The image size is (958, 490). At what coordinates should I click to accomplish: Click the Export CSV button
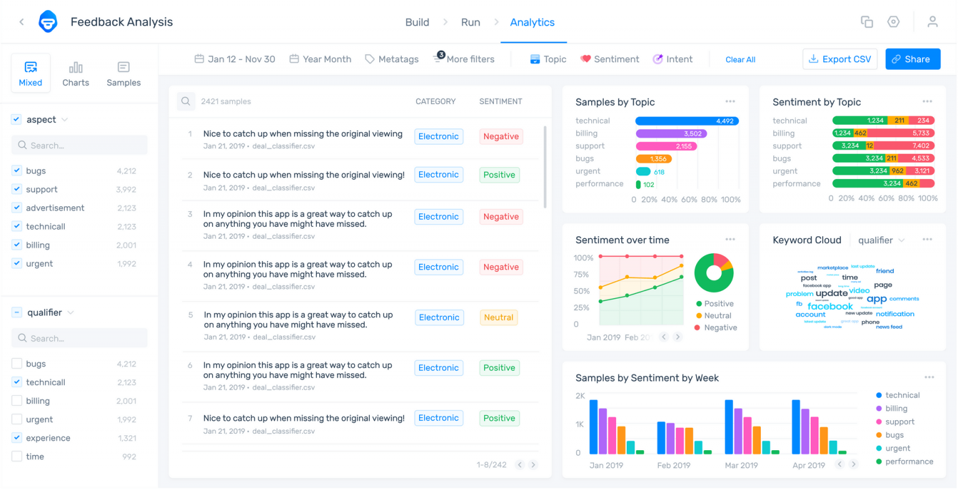840,59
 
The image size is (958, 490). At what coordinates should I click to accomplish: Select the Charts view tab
75,74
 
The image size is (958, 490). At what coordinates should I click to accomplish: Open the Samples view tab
123,74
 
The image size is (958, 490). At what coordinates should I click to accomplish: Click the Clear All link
740,60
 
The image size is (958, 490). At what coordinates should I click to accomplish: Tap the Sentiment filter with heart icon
609,59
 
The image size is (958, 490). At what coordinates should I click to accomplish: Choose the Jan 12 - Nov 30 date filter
235,59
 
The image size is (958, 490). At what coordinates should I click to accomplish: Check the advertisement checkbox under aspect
17,208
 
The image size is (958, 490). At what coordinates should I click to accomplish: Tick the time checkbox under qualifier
17,457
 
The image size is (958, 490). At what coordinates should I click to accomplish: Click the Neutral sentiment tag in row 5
498,317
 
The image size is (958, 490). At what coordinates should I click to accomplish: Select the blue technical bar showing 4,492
686,121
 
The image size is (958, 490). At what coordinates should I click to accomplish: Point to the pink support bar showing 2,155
665,147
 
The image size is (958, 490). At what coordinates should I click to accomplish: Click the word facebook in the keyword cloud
830,306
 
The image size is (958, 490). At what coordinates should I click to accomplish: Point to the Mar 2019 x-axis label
741,466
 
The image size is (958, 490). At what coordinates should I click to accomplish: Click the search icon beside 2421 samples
186,102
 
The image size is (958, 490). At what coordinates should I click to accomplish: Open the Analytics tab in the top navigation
532,22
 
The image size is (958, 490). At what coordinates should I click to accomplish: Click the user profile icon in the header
932,22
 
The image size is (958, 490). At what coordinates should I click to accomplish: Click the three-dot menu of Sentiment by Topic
927,102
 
